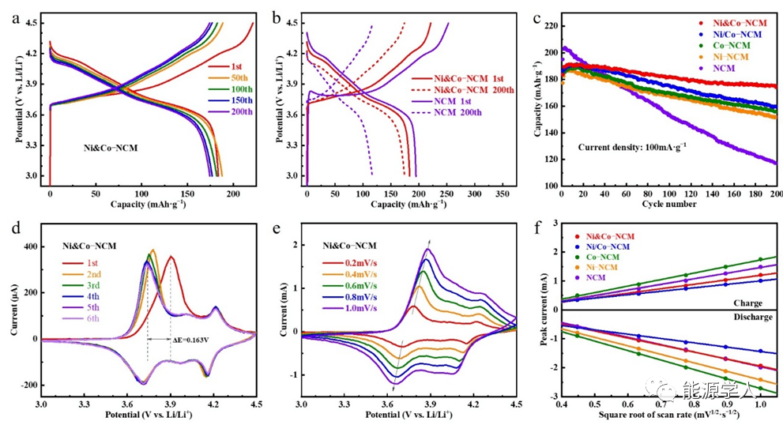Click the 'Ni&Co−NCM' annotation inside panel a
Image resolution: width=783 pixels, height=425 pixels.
pyautogui.click(x=112, y=148)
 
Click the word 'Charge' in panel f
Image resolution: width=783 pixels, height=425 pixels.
pyautogui.click(x=747, y=302)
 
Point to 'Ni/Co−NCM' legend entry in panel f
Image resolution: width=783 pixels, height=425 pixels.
pyautogui.click(x=608, y=246)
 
